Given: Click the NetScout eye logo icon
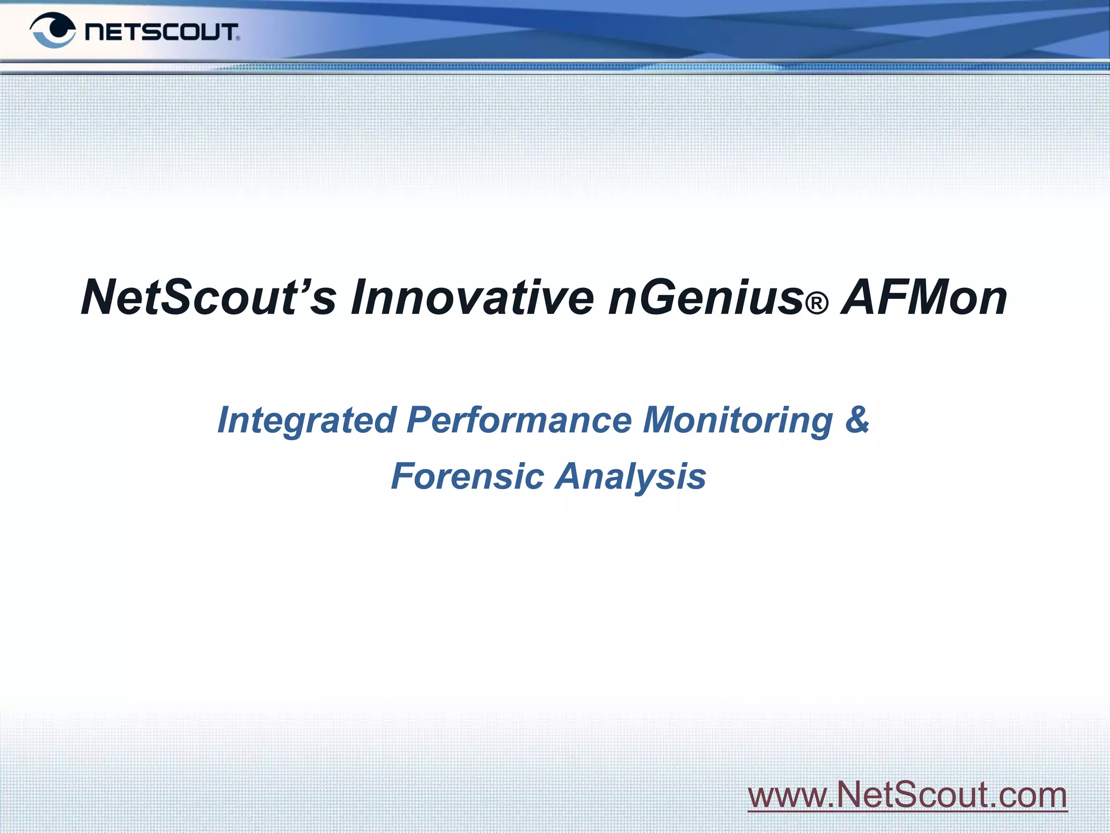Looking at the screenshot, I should [x=53, y=30].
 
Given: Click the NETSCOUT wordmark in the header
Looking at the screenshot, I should [x=161, y=32].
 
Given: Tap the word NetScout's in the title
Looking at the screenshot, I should [x=208, y=297].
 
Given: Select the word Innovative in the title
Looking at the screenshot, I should [x=472, y=297].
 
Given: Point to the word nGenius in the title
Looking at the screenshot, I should [x=705, y=297].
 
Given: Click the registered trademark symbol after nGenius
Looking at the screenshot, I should [x=817, y=304].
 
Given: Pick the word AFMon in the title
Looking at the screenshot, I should [x=924, y=297].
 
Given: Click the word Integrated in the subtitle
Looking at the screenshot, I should [x=307, y=420].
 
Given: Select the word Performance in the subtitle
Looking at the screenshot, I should [x=519, y=420].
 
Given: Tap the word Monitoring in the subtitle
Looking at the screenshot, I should [x=737, y=420].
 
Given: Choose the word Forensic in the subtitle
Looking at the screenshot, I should [x=467, y=476].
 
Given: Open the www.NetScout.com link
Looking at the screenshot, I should [x=907, y=795].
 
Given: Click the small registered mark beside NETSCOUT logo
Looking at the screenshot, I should [x=238, y=39].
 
